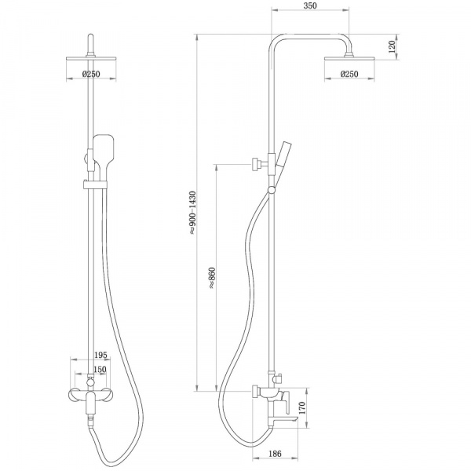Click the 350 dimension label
(310, 5)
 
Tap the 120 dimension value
(392, 47)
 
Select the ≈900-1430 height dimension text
(192, 213)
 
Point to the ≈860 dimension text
(212, 278)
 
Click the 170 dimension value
(302, 408)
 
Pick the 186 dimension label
(275, 454)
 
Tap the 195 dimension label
(100, 355)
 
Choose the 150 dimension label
(100, 369)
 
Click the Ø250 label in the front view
(91, 74)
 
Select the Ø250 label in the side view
(349, 74)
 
